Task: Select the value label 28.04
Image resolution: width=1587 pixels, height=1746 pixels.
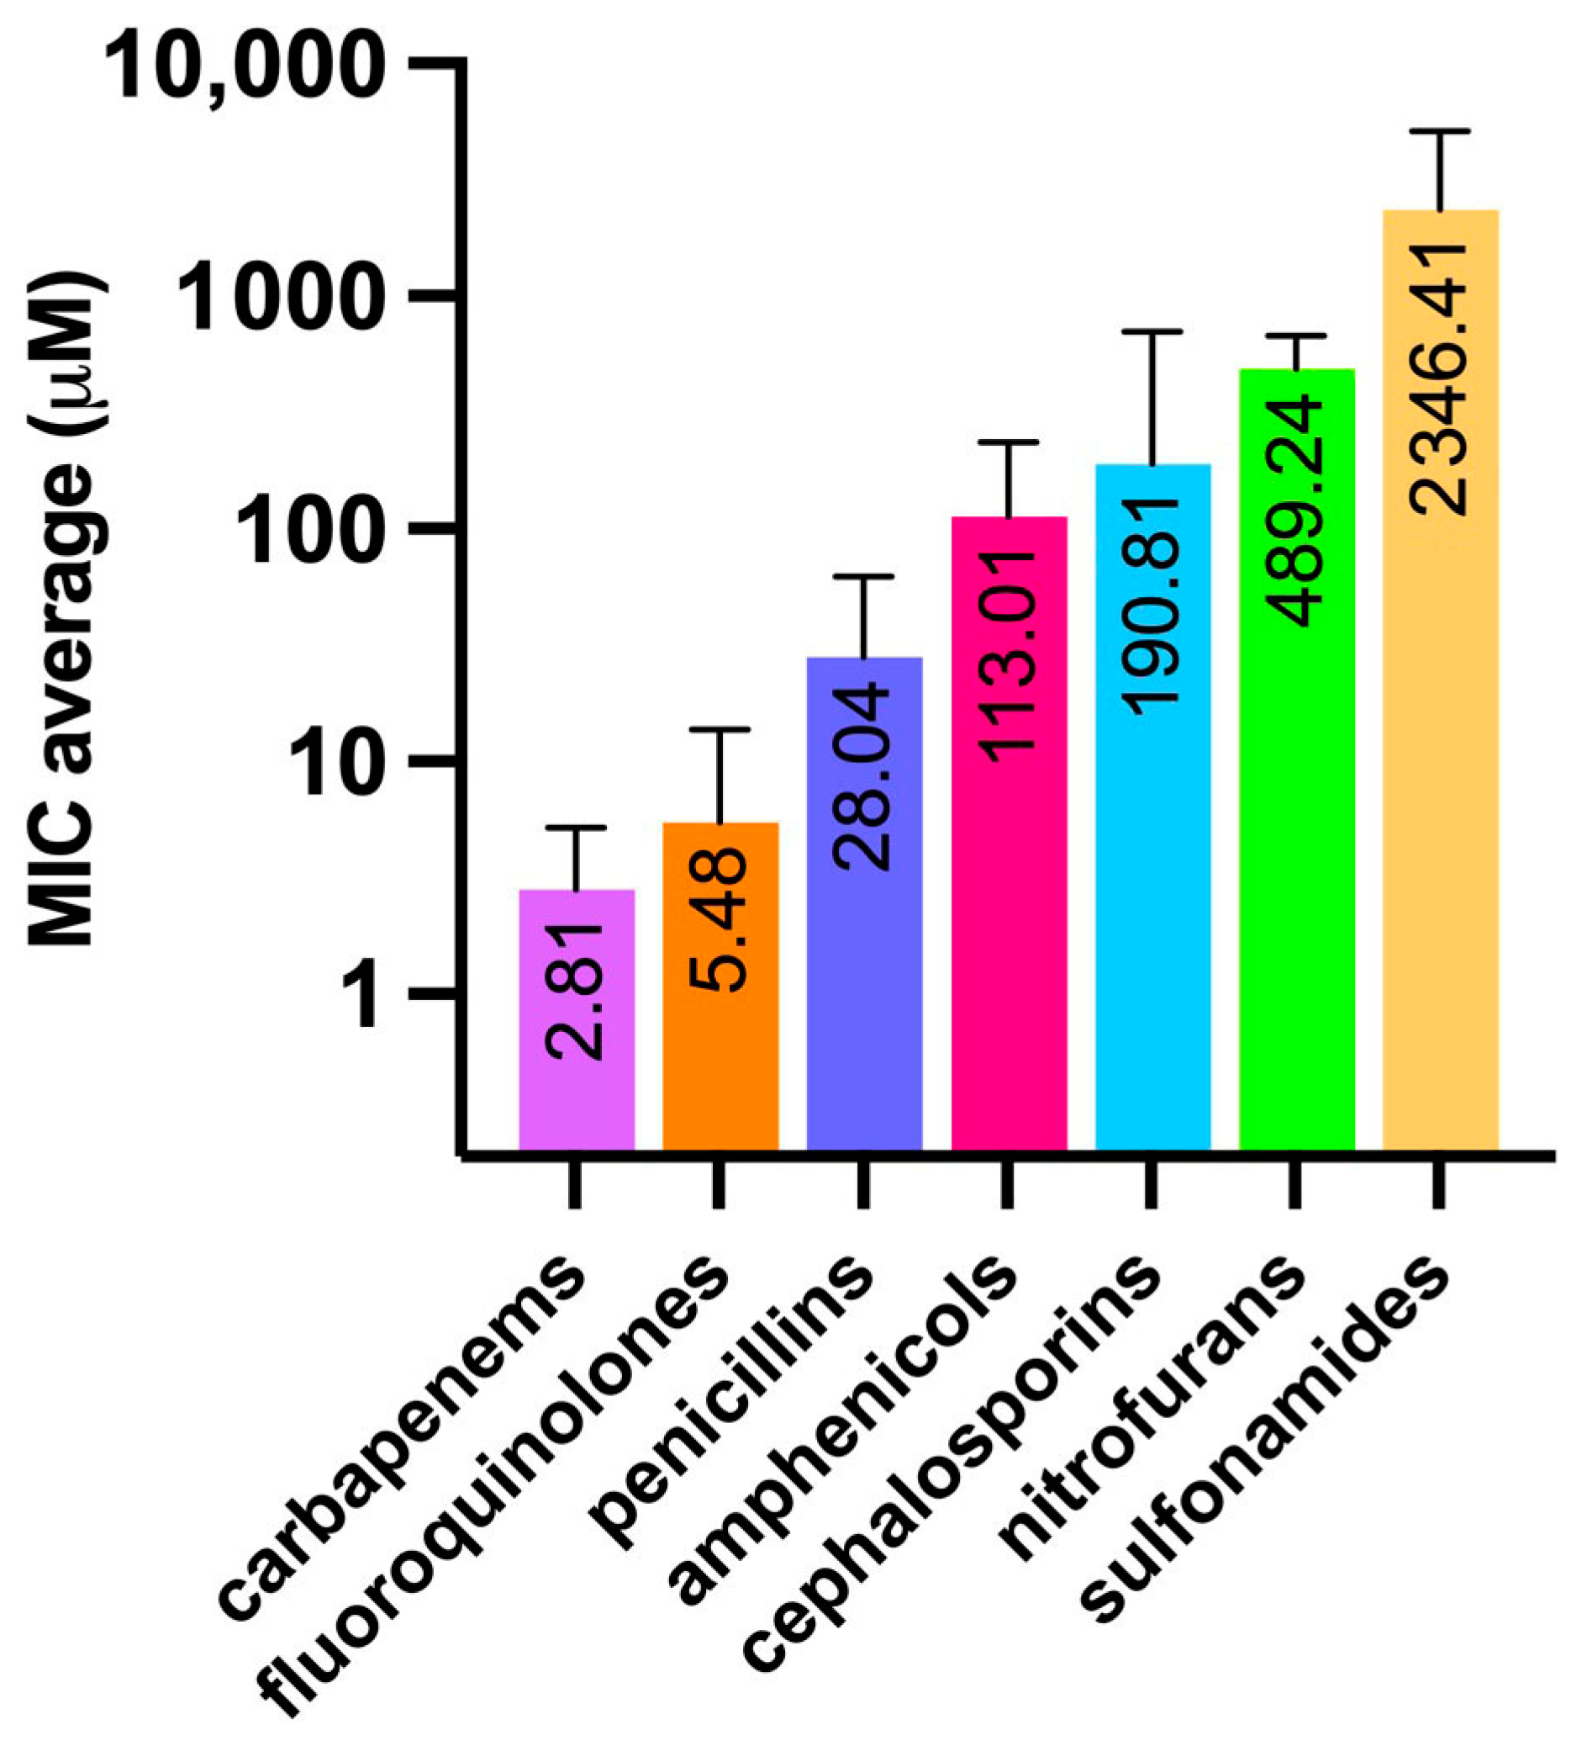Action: [863, 776]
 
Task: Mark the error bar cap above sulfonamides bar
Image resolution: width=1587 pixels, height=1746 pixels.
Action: [1441, 130]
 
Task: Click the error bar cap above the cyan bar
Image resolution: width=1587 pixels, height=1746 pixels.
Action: [1152, 331]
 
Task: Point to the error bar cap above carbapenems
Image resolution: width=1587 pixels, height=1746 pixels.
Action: [576, 828]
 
